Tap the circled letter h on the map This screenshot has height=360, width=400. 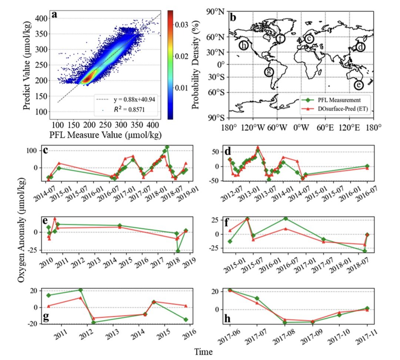243,45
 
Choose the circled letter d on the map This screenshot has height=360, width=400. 360,47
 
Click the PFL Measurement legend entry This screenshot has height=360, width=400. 336,100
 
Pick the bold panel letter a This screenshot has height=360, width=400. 55,15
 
